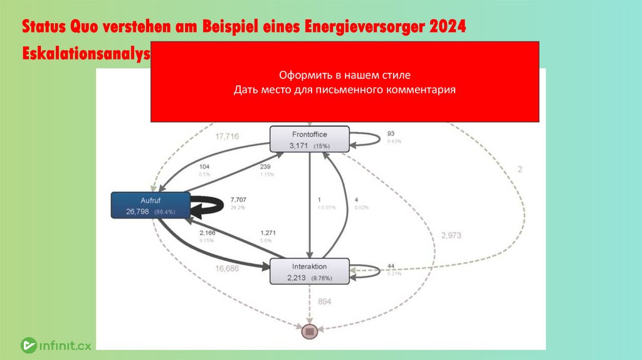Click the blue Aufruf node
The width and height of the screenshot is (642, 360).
[x=150, y=205]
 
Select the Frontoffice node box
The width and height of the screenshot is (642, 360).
[x=308, y=139]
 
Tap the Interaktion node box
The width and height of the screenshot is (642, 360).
[x=309, y=271]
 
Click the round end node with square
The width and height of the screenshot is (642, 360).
[x=308, y=331]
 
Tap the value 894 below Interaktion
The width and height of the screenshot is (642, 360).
[x=324, y=302]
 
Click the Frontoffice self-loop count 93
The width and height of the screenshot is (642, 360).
[x=391, y=134]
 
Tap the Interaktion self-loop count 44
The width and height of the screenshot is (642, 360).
[x=391, y=265]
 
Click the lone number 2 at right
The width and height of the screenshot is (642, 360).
[x=520, y=169]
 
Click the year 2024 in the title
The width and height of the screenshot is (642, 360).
[x=447, y=28]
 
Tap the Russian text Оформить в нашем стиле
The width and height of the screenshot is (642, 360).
[x=344, y=75]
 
